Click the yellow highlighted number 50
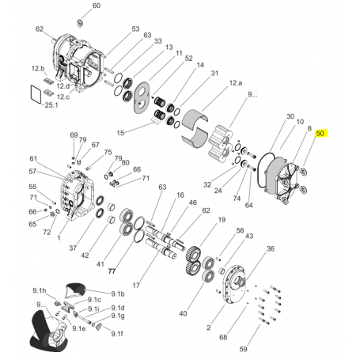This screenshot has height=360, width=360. pyautogui.click(x=320, y=135)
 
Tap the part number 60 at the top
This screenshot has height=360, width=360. pyautogui.click(x=97, y=6)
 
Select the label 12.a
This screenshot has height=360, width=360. pyautogui.click(x=235, y=82)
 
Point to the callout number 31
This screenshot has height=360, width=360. pyautogui.click(x=214, y=73)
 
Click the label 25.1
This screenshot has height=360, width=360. pyautogui.click(x=51, y=105)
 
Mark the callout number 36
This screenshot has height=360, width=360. pyautogui.click(x=270, y=248)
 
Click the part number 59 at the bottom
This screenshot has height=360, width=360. pyautogui.click(x=244, y=347)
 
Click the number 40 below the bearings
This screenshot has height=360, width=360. pyautogui.click(x=183, y=314)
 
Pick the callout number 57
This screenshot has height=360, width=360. pyautogui.click(x=33, y=171)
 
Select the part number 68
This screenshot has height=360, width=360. pyautogui.click(x=223, y=337)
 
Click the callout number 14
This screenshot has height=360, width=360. pyautogui.click(x=200, y=65)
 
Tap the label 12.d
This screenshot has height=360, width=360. pyautogui.click(x=70, y=85)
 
